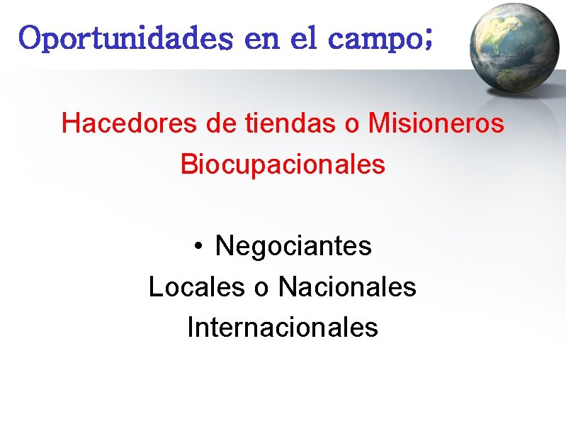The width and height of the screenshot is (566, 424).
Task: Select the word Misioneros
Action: point(436,123)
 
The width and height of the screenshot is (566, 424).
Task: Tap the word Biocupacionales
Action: point(283,164)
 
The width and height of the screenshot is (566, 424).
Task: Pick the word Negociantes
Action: point(293,246)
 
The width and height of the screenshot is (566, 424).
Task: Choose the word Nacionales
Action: point(347,287)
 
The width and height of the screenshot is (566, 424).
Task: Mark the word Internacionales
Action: point(283,328)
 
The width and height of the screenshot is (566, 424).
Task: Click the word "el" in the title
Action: point(302,38)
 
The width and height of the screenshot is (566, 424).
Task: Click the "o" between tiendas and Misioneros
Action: point(352,125)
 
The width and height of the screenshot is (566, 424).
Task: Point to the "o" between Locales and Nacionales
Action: point(261,289)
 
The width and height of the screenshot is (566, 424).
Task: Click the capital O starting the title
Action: point(32,38)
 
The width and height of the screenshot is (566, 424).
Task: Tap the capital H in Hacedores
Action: point(69,123)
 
